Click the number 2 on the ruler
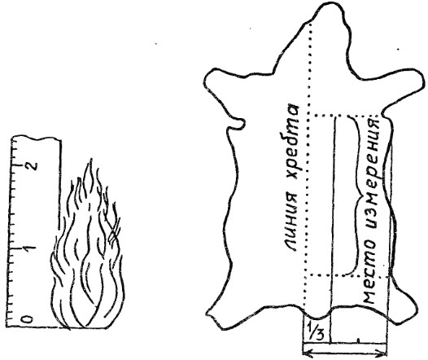[32, 165]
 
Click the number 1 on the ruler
[30, 248]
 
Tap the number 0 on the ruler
[28, 318]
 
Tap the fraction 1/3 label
[317, 331]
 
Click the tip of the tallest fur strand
[90, 159]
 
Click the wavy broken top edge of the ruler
[36, 138]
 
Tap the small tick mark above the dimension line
[358, 340]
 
